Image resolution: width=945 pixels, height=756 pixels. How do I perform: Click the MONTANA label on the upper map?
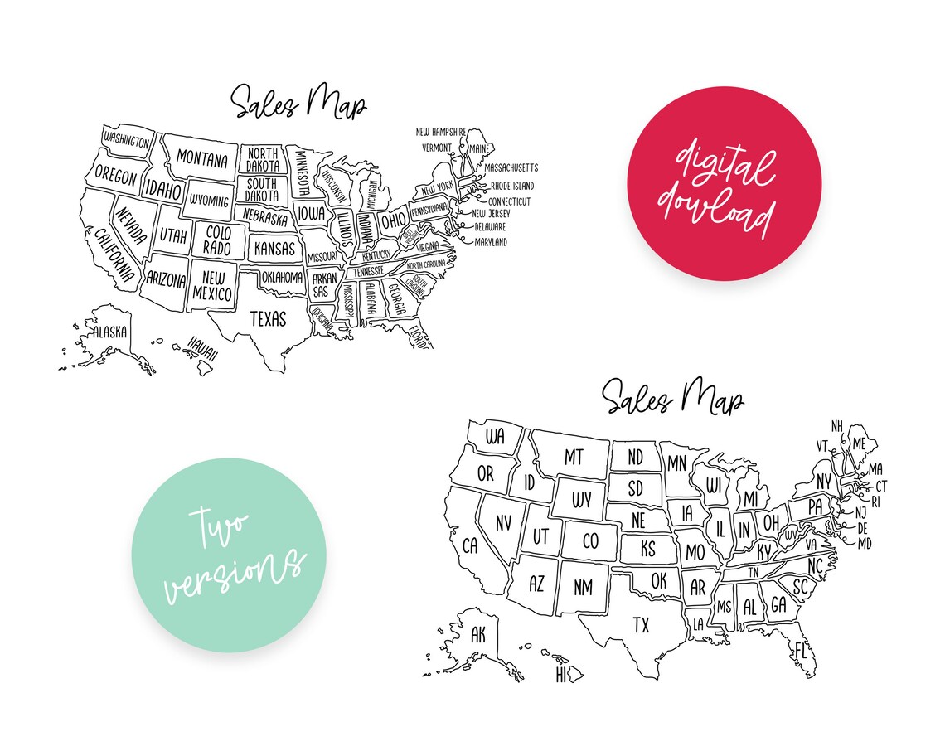(x=201, y=159)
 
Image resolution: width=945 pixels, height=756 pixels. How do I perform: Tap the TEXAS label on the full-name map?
(x=267, y=318)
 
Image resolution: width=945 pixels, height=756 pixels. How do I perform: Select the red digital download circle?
(x=724, y=183)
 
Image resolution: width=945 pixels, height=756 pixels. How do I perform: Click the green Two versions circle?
(x=230, y=555)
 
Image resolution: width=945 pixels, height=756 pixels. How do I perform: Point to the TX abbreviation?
(x=641, y=625)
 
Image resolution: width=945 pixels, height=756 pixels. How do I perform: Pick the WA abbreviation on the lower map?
(x=495, y=437)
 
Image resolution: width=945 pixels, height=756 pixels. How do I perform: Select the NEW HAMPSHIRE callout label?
(x=441, y=132)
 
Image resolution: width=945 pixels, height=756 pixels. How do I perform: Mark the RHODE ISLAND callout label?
(x=511, y=187)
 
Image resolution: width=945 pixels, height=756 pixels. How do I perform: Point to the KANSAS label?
(x=274, y=248)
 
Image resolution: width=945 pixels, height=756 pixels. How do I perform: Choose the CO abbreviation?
(x=590, y=541)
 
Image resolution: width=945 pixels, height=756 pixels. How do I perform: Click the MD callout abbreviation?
(x=865, y=544)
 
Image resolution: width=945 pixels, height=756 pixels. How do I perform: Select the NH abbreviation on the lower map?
(x=838, y=426)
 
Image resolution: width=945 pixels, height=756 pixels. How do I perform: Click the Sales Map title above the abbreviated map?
(x=672, y=399)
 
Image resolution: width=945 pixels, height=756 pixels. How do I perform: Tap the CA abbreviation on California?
(x=470, y=545)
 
